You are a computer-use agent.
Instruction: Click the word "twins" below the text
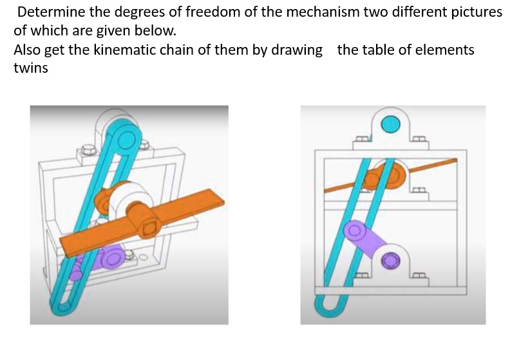[x=30, y=68]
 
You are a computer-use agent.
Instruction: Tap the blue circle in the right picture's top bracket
[x=391, y=124]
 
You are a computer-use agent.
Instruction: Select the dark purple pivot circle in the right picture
[x=391, y=260]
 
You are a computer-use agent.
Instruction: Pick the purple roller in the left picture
[x=111, y=258]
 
